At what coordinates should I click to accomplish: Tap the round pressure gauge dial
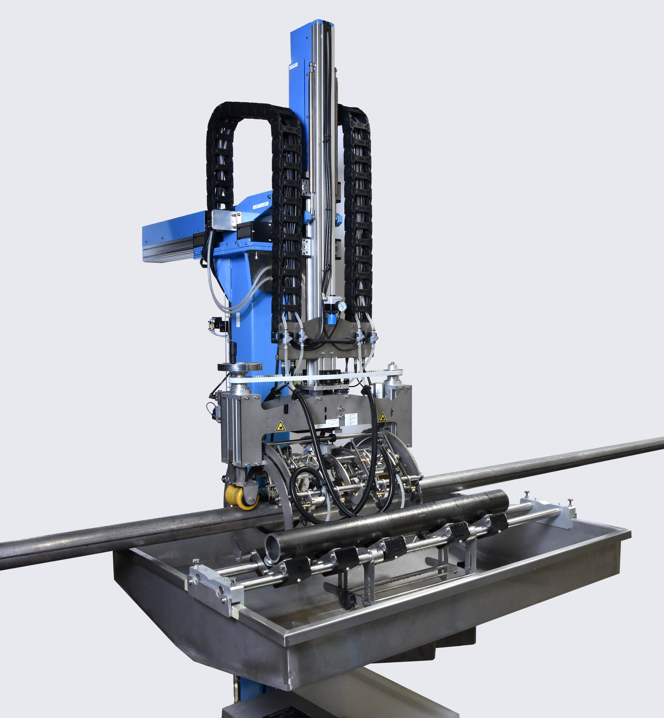(x=342, y=306)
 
